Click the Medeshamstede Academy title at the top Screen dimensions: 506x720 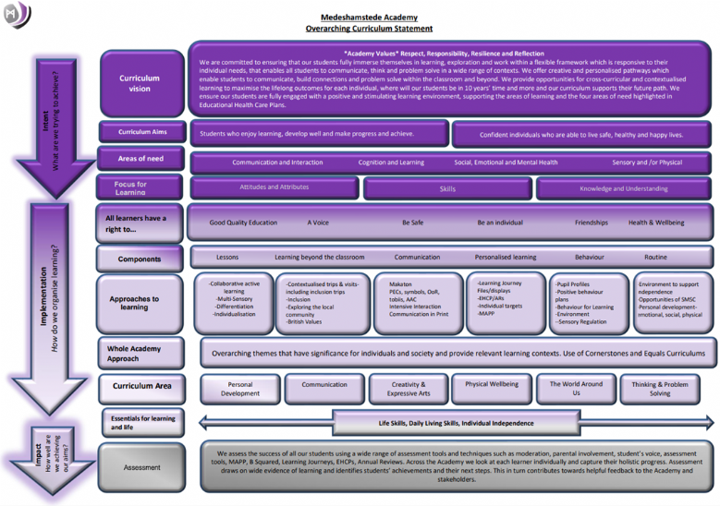click(369, 17)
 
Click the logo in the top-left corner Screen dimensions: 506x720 click(18, 15)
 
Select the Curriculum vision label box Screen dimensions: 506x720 click(140, 83)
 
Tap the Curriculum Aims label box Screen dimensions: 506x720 click(141, 132)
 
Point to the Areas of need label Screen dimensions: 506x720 click(141, 159)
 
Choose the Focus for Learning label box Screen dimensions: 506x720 click(131, 188)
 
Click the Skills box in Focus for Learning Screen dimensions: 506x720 click(447, 188)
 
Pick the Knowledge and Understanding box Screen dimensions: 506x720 click(624, 188)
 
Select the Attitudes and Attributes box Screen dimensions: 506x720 click(275, 187)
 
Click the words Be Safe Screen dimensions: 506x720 click(413, 223)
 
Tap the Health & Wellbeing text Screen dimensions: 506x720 click(656, 223)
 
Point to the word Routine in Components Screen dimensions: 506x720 click(655, 258)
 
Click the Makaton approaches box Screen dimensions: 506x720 click(419, 302)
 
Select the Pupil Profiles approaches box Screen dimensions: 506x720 click(588, 302)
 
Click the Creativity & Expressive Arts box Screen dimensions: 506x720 click(409, 389)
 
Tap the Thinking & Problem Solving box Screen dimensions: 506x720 click(659, 389)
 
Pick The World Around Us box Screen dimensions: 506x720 click(576, 389)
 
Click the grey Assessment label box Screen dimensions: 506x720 click(142, 467)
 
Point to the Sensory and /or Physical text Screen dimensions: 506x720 click(647, 162)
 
